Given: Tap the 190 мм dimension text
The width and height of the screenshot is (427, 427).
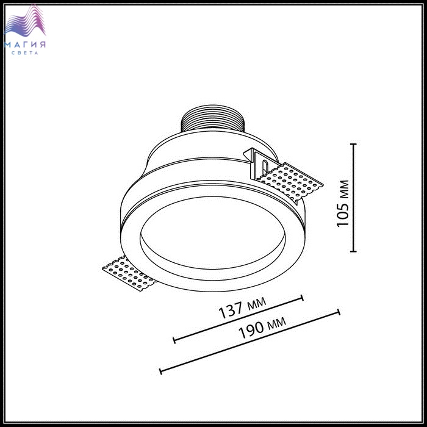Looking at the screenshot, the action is pyautogui.click(x=262, y=328).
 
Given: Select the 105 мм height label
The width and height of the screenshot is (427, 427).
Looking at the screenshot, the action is pyautogui.click(x=343, y=203).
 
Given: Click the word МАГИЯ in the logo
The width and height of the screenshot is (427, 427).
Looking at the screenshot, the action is pyautogui.click(x=25, y=45).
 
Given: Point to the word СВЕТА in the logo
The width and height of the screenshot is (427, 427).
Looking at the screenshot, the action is pyautogui.click(x=25, y=53).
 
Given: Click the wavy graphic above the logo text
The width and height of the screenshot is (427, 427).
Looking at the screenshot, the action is pyautogui.click(x=25, y=20).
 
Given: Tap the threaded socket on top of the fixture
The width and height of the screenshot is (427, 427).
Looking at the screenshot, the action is pyautogui.click(x=213, y=118).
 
